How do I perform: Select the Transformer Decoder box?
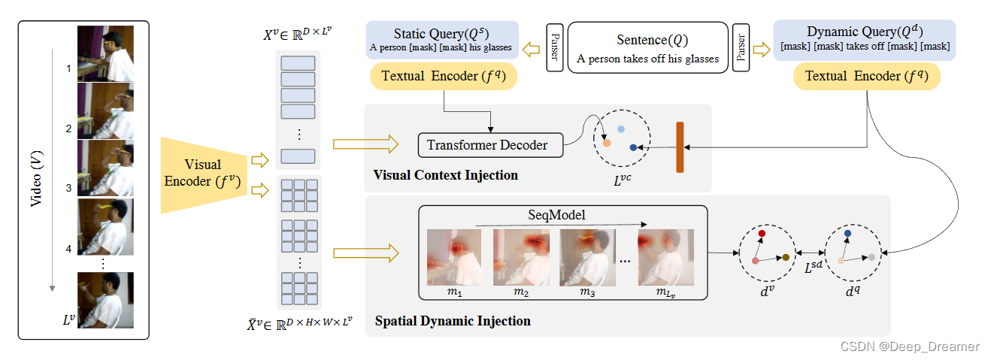click(489, 144)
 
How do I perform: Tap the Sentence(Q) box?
click(647, 47)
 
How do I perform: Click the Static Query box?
click(441, 40)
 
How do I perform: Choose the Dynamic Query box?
click(864, 40)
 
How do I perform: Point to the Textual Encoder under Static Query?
click(444, 77)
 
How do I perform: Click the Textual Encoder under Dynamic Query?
click(867, 77)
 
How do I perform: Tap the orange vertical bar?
click(680, 147)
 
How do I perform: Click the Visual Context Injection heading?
click(445, 175)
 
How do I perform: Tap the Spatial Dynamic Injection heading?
click(452, 321)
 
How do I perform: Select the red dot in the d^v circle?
click(762, 234)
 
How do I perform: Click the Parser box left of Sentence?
click(555, 47)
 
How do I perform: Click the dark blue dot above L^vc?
click(633, 147)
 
